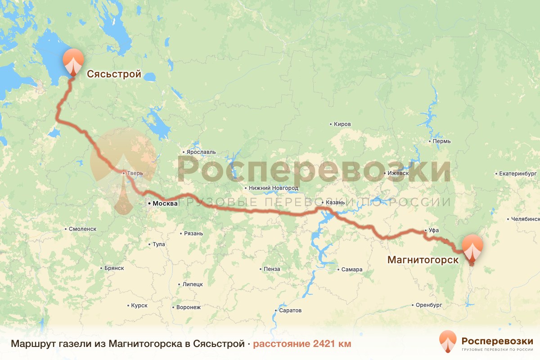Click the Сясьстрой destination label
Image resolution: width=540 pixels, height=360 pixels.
(x=114, y=74)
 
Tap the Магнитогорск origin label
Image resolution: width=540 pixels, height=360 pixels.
(x=423, y=260)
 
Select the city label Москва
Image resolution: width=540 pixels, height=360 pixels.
(x=165, y=203)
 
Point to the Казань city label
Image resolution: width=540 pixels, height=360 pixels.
(x=335, y=202)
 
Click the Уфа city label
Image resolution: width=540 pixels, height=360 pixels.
(x=433, y=230)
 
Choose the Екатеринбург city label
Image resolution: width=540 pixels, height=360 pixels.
(x=518, y=173)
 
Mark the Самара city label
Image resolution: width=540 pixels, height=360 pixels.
(x=351, y=270)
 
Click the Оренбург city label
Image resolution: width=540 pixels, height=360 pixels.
(x=429, y=305)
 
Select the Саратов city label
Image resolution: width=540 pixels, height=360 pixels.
(x=290, y=310)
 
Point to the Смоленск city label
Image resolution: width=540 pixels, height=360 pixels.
(x=82, y=229)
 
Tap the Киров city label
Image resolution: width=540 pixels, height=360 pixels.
(x=342, y=124)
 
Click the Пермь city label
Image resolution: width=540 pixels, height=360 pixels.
(x=441, y=141)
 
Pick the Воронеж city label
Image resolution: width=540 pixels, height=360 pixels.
(x=188, y=307)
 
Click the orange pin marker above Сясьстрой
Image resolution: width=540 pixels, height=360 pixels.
(x=73, y=62)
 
